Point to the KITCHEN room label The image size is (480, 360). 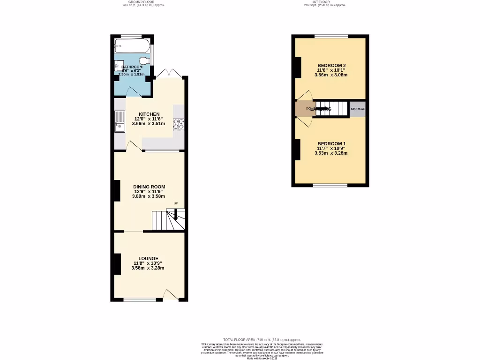(149, 114)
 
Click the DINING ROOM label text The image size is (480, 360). (149, 187)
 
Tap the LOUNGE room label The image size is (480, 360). (148, 258)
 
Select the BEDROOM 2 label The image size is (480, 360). (331, 65)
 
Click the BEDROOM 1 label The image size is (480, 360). (331, 143)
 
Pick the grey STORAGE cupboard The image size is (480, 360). (357, 109)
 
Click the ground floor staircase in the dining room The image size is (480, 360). (167, 220)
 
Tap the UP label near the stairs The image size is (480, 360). (176, 203)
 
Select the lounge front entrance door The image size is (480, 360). (170, 295)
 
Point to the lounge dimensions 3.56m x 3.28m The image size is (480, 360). (148, 268)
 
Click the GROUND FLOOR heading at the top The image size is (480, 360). (143, 2)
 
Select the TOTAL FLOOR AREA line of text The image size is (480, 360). (262, 339)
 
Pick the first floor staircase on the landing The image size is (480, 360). (331, 109)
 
